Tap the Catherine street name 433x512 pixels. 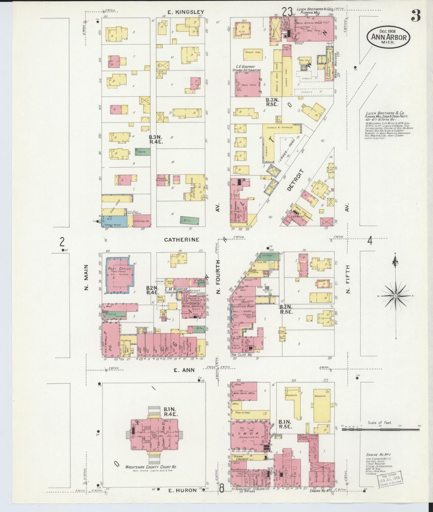[x=182, y=240]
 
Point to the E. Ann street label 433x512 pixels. [x=184, y=370]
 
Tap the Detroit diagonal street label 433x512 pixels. [x=295, y=180]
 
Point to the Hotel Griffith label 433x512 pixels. [x=193, y=307]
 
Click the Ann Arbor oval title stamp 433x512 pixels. [x=389, y=37]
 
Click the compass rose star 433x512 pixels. [x=396, y=296]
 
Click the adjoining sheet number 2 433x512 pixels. [x=62, y=241]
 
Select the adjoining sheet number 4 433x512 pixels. [x=370, y=240]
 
